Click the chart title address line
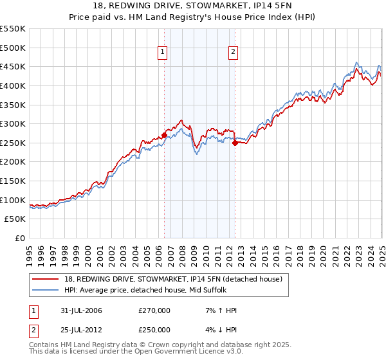coord(192,6)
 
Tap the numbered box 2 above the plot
coord(232,53)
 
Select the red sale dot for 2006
coord(164,135)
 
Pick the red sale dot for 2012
coord(235,143)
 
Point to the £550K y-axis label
coord(13,29)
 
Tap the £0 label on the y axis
coord(21,238)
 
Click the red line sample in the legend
coord(46,279)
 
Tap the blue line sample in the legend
coord(46,290)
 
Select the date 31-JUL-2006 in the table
coord(78,310)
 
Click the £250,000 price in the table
coord(154,330)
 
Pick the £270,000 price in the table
coord(154,310)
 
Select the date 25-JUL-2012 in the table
coord(78,330)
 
